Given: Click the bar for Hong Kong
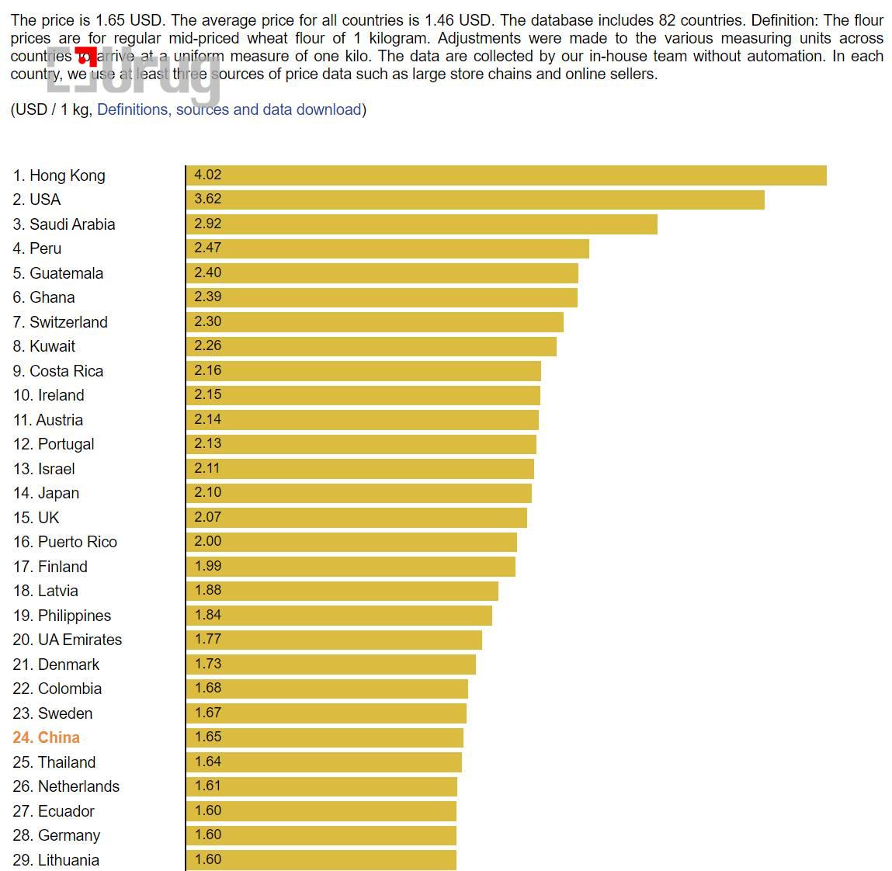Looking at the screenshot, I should click(x=506, y=175).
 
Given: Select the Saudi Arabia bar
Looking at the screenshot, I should click(x=422, y=224).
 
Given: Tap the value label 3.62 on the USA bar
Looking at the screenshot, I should click(x=208, y=200).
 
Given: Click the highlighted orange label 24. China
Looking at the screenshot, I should click(x=47, y=737).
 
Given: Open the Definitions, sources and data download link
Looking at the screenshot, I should click(x=229, y=109).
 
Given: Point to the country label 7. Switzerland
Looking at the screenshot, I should click(x=61, y=322).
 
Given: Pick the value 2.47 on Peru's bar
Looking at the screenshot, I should click(x=208, y=248).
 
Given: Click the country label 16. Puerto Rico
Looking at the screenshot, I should click(x=65, y=542).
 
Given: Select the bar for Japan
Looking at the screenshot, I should click(x=359, y=493).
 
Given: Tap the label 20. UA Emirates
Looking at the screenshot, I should click(x=68, y=640).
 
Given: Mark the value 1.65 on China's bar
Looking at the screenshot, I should click(x=208, y=737).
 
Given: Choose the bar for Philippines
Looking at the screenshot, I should click(x=338, y=615).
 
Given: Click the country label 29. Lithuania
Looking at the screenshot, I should click(x=56, y=860).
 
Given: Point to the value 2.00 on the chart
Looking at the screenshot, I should click(x=208, y=541).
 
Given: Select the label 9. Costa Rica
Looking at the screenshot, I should click(x=58, y=371).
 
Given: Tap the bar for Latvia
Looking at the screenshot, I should click(x=342, y=591).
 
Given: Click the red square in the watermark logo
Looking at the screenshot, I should click(x=87, y=57).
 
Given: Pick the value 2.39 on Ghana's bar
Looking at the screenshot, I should click(x=208, y=297).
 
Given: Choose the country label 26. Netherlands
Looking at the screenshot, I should click(x=66, y=786).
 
